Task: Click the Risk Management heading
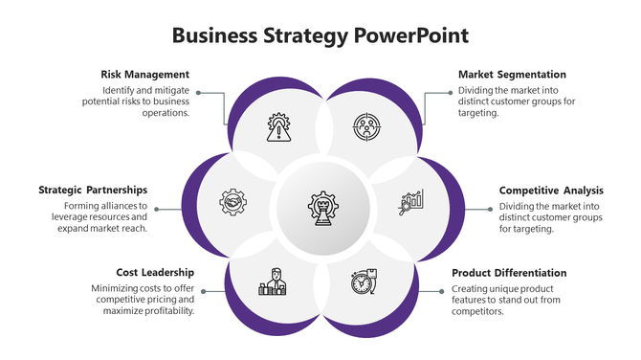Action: tap(144, 74)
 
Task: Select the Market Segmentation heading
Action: tap(512, 74)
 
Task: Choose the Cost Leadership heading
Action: tap(155, 273)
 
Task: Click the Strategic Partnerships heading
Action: tap(93, 191)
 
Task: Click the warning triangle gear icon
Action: tap(278, 127)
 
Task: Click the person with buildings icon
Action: tap(273, 282)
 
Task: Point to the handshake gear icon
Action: tap(232, 203)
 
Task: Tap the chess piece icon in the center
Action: tap(320, 205)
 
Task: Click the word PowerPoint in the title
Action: tap(411, 36)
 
